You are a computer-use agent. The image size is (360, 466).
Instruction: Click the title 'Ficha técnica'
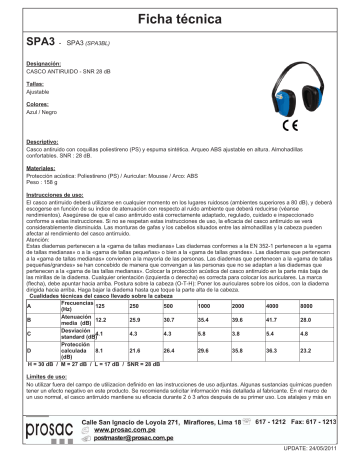point(181,18)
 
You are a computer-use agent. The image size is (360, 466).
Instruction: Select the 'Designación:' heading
point(42,63)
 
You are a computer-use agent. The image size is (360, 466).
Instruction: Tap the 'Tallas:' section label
point(34,87)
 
